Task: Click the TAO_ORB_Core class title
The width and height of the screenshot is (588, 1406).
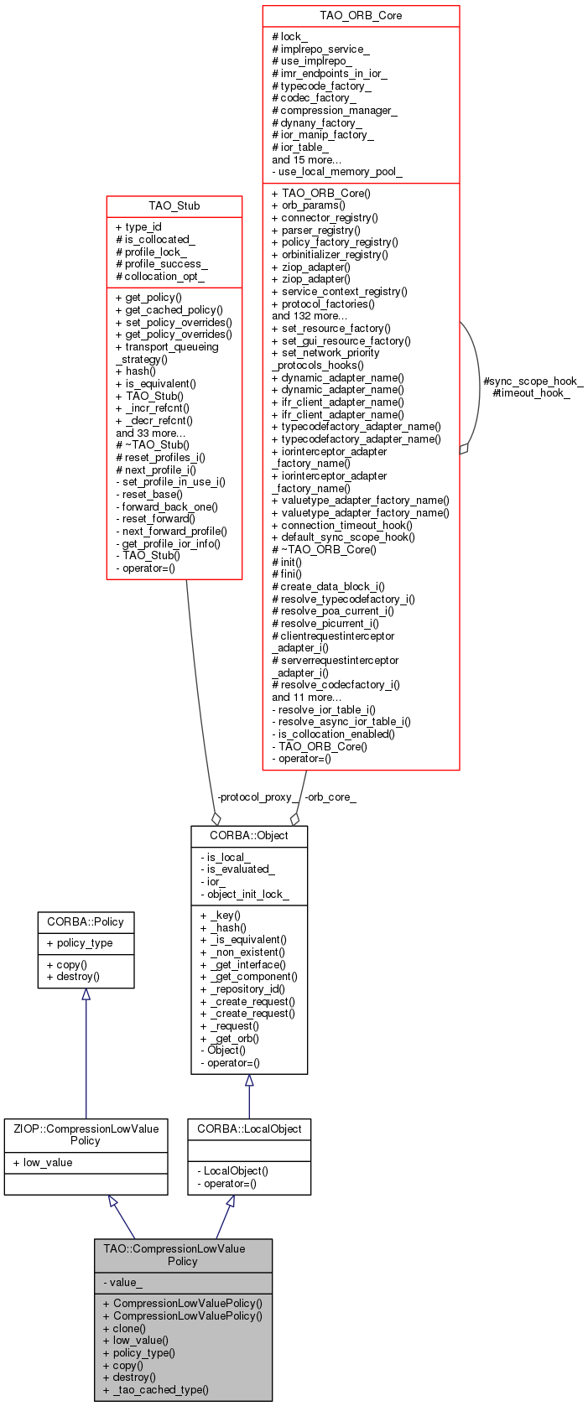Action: (x=361, y=16)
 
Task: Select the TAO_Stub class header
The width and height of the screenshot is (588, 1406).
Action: (x=174, y=205)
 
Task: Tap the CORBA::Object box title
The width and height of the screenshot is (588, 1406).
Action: (x=248, y=835)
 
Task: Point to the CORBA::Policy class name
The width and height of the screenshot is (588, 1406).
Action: (x=85, y=921)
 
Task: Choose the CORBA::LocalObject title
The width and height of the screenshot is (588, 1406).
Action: (x=249, y=1128)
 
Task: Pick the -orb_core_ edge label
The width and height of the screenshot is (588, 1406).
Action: (x=330, y=797)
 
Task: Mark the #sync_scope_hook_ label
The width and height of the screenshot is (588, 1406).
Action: (x=533, y=381)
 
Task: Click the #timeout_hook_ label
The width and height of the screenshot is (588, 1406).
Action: (x=531, y=392)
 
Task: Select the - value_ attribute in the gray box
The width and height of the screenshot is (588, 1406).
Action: (x=122, y=1282)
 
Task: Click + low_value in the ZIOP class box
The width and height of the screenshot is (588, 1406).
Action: (x=43, y=1162)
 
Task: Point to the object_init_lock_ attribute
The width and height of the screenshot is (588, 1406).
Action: (x=247, y=894)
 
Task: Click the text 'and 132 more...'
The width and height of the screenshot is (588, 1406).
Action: (x=309, y=316)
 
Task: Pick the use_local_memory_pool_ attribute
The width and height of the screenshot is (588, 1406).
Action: (x=337, y=172)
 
